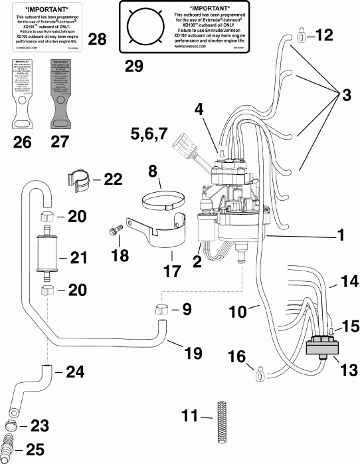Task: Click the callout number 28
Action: (96, 41)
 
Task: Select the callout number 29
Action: (135, 65)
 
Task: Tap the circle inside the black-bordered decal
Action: (144, 27)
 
